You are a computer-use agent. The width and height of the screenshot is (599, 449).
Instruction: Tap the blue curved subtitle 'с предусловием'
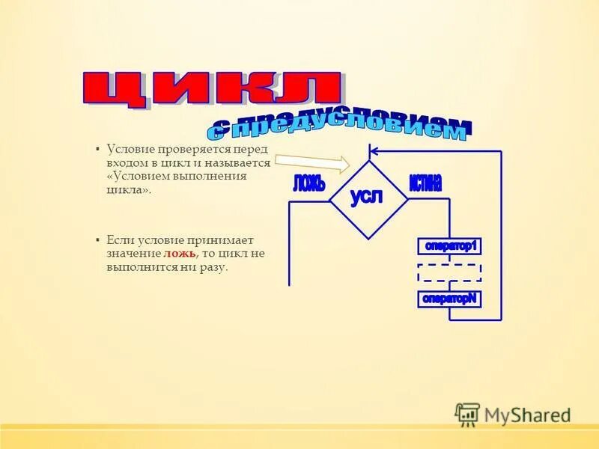[341, 128]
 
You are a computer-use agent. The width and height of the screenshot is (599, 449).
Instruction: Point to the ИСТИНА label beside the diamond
[425, 182]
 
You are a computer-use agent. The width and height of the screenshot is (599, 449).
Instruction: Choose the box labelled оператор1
[449, 245]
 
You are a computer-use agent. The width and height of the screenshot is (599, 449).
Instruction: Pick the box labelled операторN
[449, 298]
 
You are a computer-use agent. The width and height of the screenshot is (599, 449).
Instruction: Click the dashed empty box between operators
[449, 272]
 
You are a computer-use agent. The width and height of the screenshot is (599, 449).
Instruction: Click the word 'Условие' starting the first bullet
[130, 148]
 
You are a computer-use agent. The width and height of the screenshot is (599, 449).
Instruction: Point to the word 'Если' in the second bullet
[120, 240]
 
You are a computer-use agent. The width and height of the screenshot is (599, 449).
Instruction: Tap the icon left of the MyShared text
[467, 414]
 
